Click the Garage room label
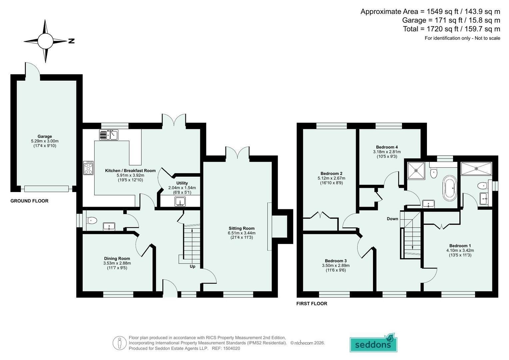tap(45, 136)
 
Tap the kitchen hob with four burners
tap(88, 168)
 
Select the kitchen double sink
tap(109, 135)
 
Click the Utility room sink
tap(180, 202)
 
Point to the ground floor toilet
tap(92, 220)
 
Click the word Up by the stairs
tap(192, 266)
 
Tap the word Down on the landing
tap(392, 219)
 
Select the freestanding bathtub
tap(450, 188)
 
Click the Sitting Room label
tap(242, 228)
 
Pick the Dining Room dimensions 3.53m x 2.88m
tap(117, 263)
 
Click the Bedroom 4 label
tap(387, 147)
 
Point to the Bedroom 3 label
tap(336, 261)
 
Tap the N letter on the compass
tap(71, 41)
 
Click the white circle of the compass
tap(45, 41)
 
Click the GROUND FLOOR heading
tap(29, 201)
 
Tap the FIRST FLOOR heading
tap(312, 304)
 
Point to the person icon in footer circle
tap(120, 343)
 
